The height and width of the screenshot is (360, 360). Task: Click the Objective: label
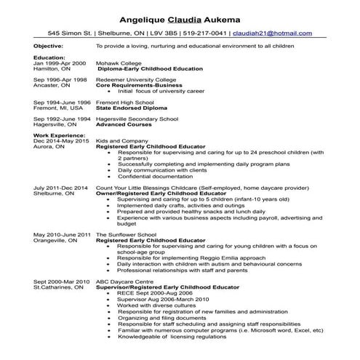pyautogui.click(x=49, y=45)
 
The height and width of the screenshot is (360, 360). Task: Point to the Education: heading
pyautogui.click(x=49, y=57)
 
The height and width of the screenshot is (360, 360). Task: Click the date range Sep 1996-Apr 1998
pyautogui.click(x=60, y=79)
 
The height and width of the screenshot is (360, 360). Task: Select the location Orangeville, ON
pyautogui.click(x=55, y=241)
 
